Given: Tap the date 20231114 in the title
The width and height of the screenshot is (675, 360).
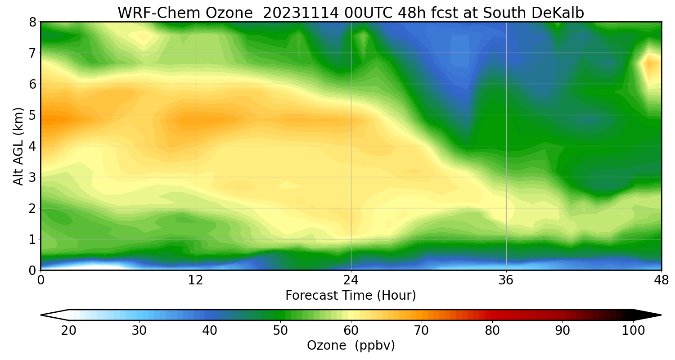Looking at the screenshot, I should pyautogui.click(x=300, y=13).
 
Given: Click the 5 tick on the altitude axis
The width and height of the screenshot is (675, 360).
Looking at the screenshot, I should pyautogui.click(x=32, y=115).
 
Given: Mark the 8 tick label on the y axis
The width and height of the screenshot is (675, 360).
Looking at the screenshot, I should pyautogui.click(x=32, y=22).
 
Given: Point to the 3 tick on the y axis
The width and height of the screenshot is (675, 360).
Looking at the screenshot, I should pyautogui.click(x=32, y=177).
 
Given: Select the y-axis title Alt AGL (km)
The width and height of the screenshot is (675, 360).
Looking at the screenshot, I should pyautogui.click(x=18, y=146).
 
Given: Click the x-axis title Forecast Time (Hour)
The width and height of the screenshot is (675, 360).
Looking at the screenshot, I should pyautogui.click(x=351, y=296).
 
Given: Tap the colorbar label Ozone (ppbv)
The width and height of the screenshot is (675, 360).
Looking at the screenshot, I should pyautogui.click(x=351, y=346).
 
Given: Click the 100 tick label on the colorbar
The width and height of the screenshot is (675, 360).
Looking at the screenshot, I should pyautogui.click(x=633, y=331).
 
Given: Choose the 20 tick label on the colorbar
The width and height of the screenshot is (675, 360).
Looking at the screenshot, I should pyautogui.click(x=69, y=331).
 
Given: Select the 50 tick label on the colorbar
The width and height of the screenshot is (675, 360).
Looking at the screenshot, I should pyautogui.click(x=280, y=331).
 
